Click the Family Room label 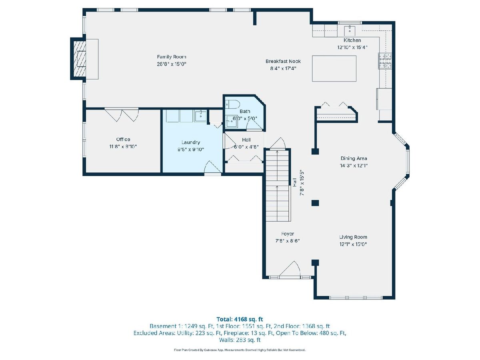[x=172, y=57]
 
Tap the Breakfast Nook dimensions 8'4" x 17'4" [x=283, y=68]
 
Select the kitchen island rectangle [x=334, y=68]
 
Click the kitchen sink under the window [x=350, y=31]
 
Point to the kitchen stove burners [x=385, y=61]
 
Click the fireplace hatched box [x=80, y=58]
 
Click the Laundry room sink [x=200, y=116]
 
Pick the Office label [x=123, y=140]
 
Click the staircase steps [x=277, y=186]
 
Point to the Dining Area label [x=354, y=158]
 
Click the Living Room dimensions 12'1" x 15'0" [x=353, y=244]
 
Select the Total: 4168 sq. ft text [x=240, y=319]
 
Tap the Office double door [x=122, y=114]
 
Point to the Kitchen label [x=352, y=40]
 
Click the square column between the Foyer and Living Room [x=315, y=262]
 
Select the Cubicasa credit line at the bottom [x=240, y=350]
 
